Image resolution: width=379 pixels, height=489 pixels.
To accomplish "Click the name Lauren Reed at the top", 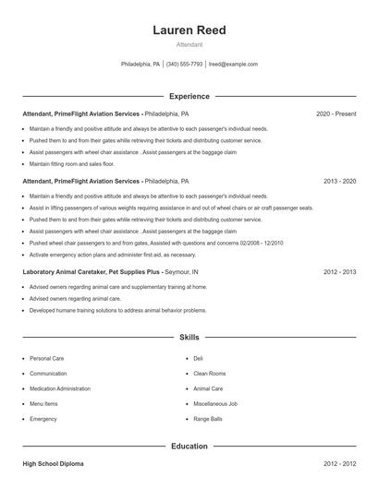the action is [189, 30].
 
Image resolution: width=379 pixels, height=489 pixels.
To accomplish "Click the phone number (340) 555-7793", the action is [184, 65].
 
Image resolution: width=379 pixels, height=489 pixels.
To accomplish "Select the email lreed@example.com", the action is [233, 65].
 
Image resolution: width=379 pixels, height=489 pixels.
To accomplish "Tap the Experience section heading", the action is [189, 96].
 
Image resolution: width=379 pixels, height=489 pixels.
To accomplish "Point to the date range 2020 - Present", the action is [336, 113].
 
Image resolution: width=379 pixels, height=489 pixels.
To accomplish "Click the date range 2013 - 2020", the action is [339, 182].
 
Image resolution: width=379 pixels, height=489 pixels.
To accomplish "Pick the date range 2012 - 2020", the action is [339, 273].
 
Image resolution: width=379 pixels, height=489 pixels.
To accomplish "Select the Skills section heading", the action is [189, 338].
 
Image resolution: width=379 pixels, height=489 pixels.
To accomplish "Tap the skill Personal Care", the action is [46, 358].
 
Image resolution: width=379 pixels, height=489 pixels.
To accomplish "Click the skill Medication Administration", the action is [60, 388].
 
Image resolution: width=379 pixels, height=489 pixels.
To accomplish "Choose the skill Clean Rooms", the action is [210, 374].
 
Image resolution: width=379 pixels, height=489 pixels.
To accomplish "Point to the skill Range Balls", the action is [208, 419].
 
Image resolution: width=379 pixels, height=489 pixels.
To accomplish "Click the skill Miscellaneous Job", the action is [215, 404].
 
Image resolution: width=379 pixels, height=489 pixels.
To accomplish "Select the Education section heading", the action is [189, 446].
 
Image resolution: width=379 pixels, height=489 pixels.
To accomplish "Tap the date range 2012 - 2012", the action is [339, 463].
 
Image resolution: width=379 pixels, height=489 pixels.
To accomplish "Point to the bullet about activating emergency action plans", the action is [113, 254].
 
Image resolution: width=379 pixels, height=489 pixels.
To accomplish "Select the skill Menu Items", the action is [43, 404].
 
